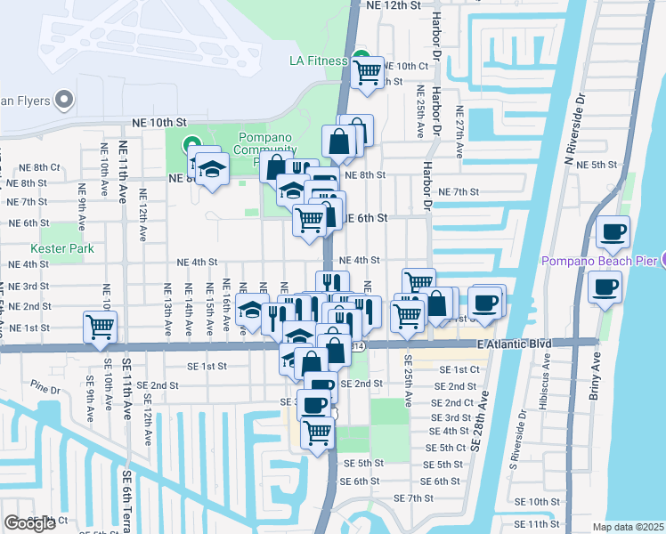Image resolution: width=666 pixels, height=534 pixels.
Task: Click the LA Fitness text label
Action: click(x=321, y=61)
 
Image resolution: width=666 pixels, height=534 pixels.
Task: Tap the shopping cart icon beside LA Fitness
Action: click(x=366, y=72)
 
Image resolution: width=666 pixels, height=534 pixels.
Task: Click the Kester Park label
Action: click(x=62, y=248)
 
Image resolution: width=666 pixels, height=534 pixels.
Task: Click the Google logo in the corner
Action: click(x=29, y=523)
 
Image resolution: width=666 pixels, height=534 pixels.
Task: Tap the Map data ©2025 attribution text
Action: click(x=628, y=527)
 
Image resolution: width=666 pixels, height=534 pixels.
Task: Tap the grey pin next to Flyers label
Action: click(x=64, y=100)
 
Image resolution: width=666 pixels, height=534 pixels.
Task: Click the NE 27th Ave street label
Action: click(x=459, y=133)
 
